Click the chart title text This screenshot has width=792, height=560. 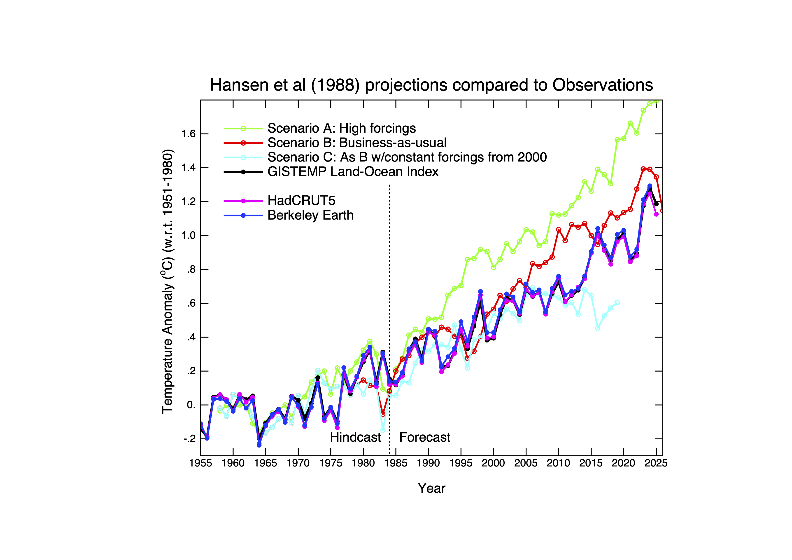point(431,85)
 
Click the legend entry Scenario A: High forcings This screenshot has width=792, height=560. point(342,128)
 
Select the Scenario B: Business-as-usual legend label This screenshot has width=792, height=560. point(357,143)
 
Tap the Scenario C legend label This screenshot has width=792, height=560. point(407,157)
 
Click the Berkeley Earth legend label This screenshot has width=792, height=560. point(310,215)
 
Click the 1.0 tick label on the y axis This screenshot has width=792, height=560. point(188,236)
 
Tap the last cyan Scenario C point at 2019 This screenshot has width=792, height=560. point(617,302)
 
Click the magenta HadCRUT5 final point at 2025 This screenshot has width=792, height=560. point(656,214)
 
